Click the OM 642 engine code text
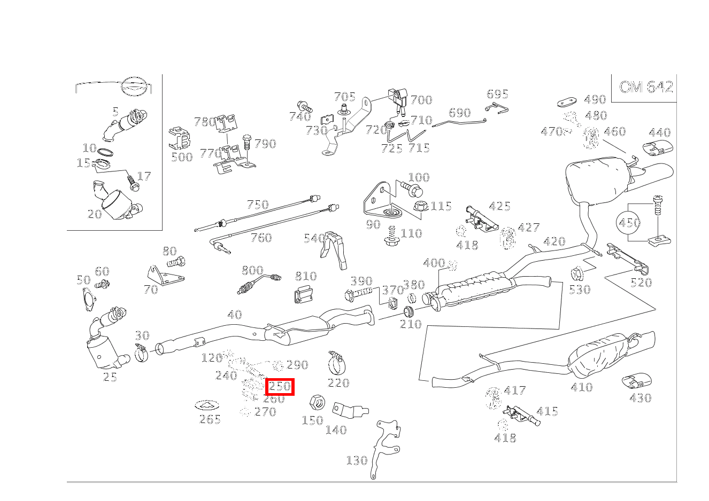coord(646,87)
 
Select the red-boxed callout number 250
coord(280,387)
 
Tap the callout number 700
coord(421,100)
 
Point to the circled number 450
coord(629,223)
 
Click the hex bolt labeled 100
coord(412,188)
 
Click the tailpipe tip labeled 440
coord(658,148)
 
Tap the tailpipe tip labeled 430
coord(636,381)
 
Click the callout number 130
coord(357,460)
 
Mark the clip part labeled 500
coord(180,138)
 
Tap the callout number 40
coord(235,315)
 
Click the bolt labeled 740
coord(305,106)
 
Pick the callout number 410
coord(582,387)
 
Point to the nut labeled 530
coord(577,273)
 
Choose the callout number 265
coord(210,419)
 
